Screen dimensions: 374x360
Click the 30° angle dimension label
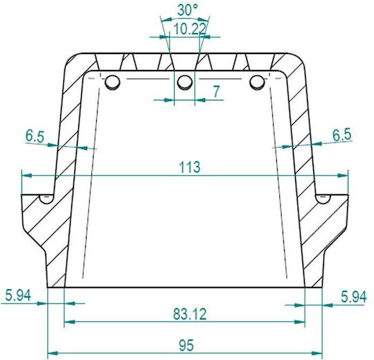188,10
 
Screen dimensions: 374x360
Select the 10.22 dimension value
189,29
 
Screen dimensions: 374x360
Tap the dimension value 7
216,91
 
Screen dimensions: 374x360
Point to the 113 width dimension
190,167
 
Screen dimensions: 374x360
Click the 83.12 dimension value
190,314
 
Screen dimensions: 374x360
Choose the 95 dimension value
186,345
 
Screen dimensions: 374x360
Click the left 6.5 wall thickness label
35,136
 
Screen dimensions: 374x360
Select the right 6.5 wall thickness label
342,135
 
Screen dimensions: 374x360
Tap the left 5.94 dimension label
18,296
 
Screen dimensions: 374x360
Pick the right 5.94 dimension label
354,297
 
